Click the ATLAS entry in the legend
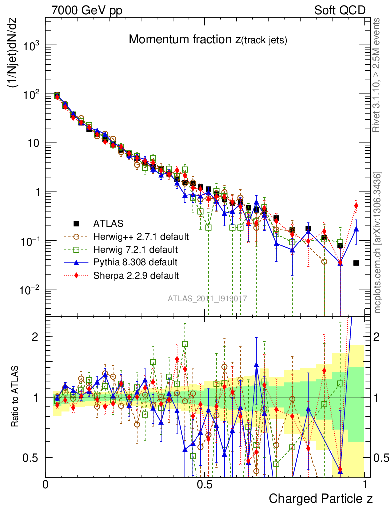click(x=108, y=223)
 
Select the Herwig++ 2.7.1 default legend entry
click(x=140, y=236)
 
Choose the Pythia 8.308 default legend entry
click(x=135, y=261)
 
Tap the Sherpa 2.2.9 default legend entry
click(x=135, y=275)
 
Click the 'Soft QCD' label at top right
click(x=340, y=10)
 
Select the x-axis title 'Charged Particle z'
click(x=320, y=498)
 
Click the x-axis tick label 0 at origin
click(x=46, y=484)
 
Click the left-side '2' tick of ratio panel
click(x=35, y=337)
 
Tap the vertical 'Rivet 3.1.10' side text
click(x=378, y=75)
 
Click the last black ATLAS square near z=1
click(x=356, y=263)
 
